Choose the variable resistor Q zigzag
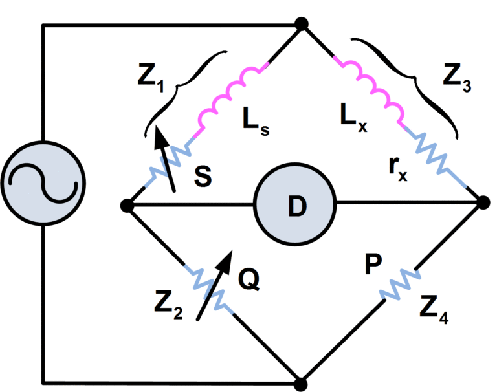click(210, 288)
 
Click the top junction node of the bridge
click(300, 24)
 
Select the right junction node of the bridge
click(484, 203)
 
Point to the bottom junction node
click(300, 383)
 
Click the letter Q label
click(249, 278)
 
